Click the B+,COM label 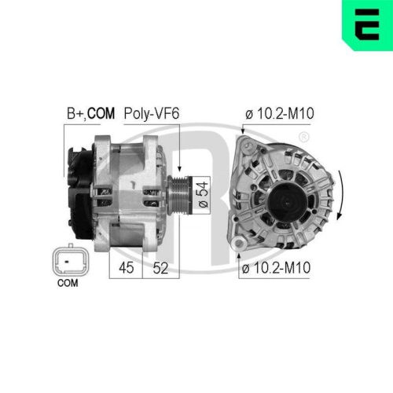coord(89,114)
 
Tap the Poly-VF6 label coord(152,114)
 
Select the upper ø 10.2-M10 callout coord(280,114)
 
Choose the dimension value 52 coord(160,268)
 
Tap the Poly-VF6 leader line coord(180,145)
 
